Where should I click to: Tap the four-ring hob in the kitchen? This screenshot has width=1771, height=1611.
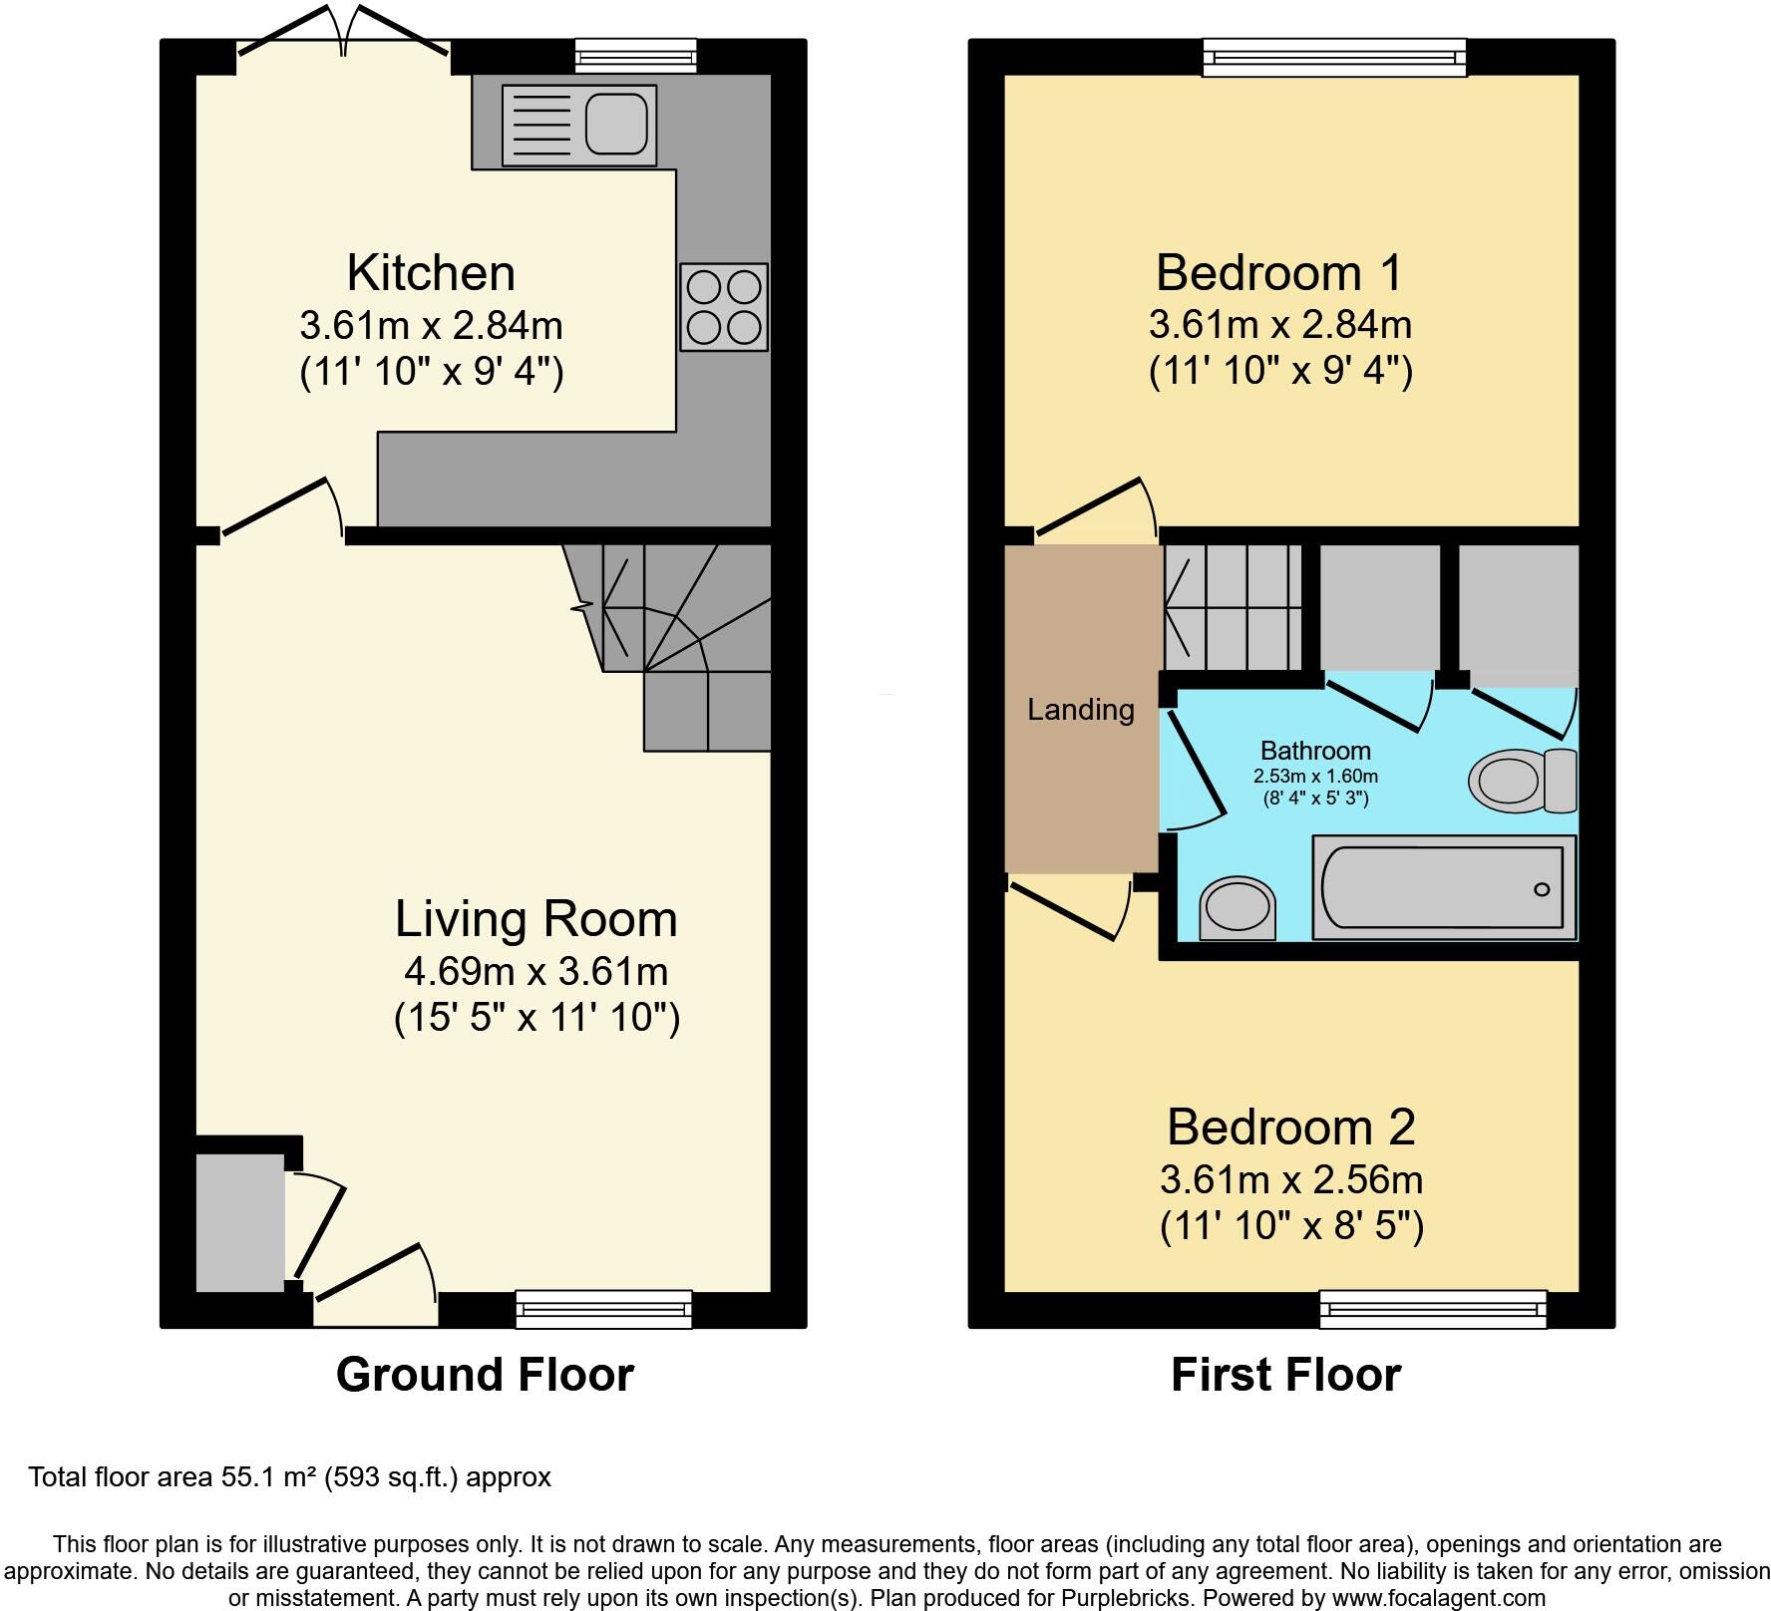click(724, 307)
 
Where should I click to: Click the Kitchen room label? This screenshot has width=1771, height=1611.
click(431, 272)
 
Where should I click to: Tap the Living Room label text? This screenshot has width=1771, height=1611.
click(536, 918)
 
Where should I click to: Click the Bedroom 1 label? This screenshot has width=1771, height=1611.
click(1279, 272)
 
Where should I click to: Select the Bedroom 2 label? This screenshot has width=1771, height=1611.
click(1291, 1127)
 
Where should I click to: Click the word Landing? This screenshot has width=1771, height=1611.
click(1081, 710)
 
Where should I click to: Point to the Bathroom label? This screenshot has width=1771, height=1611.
click(1315, 751)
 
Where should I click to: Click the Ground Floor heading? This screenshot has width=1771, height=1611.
click(485, 1375)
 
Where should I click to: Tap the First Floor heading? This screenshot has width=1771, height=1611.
click(1285, 1375)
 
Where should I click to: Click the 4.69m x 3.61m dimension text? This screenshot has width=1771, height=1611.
click(536, 970)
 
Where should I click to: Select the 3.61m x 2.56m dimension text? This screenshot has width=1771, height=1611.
click(1291, 1180)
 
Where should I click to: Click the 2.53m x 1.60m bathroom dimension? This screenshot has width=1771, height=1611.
click(1315, 777)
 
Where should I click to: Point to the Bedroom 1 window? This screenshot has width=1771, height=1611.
click(1334, 57)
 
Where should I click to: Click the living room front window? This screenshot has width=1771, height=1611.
click(604, 1309)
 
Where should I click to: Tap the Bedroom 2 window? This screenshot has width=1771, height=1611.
click(1433, 1309)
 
